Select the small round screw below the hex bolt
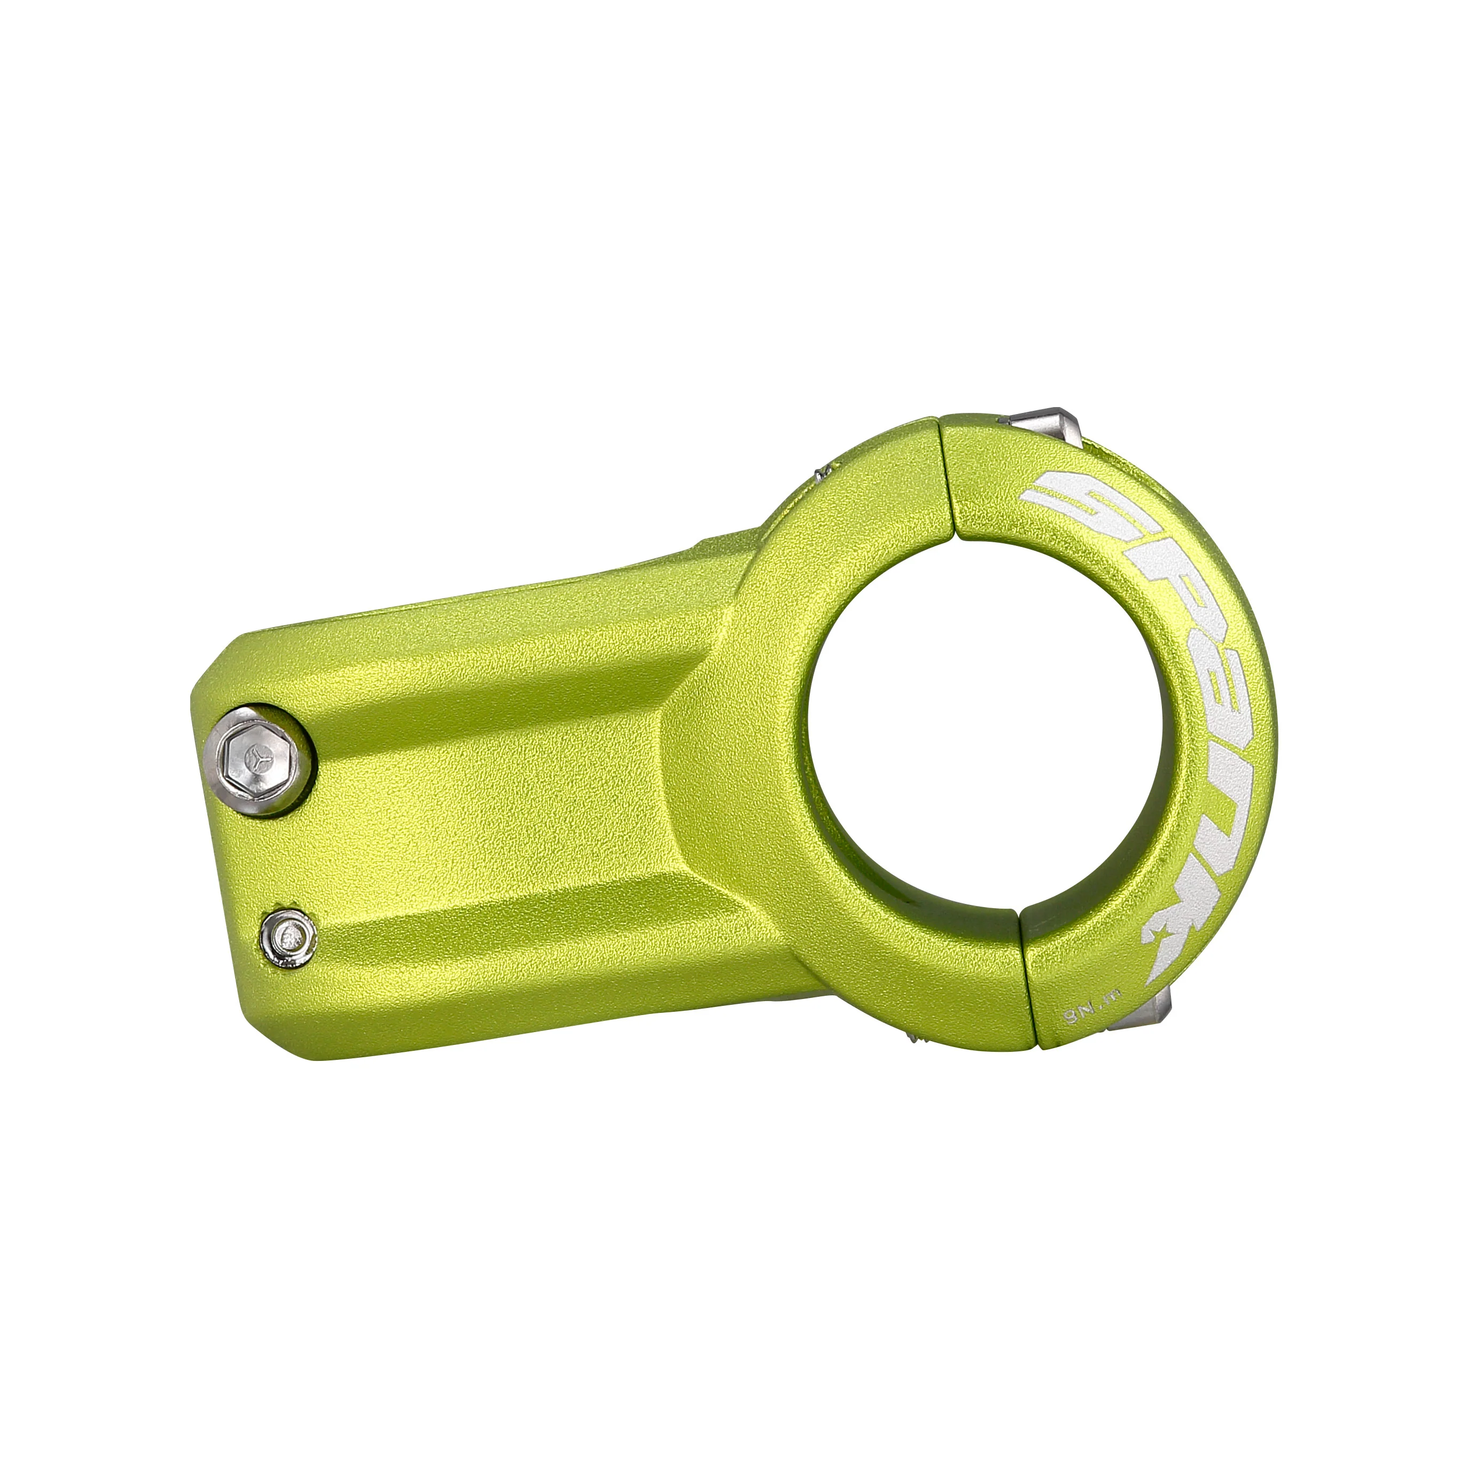(x=288, y=939)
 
